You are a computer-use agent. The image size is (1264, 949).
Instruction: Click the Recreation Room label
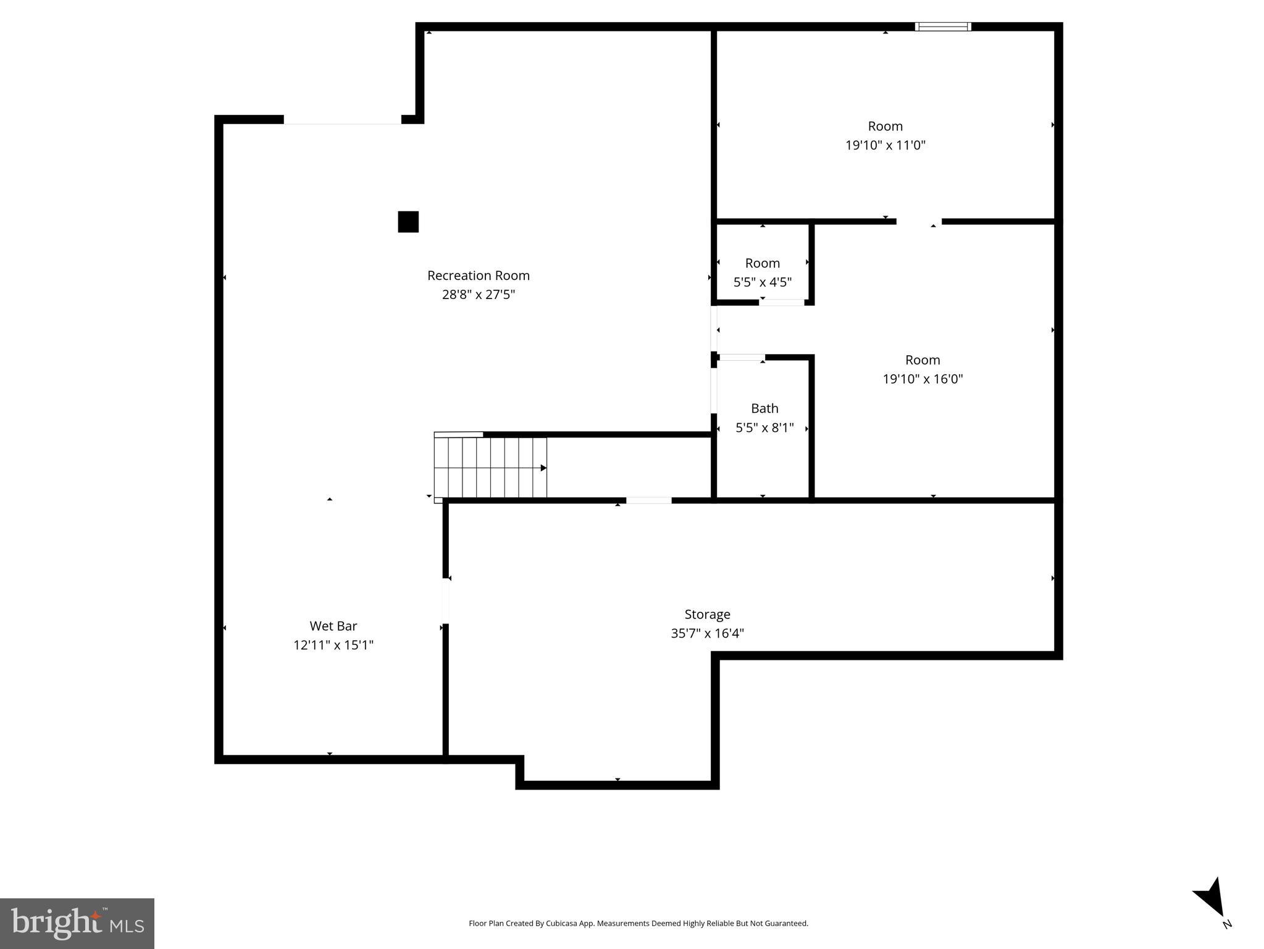(478, 276)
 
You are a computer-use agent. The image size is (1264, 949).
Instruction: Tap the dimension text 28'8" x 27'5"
(478, 295)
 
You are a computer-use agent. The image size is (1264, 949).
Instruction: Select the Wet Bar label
(333, 626)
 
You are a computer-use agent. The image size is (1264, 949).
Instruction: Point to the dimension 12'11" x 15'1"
(333, 645)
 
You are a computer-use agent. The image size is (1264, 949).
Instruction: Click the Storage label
(707, 614)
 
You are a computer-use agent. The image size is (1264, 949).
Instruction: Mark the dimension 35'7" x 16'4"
(707, 633)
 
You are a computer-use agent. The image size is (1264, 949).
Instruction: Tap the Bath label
(764, 408)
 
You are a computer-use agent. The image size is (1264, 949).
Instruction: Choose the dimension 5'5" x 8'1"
(764, 428)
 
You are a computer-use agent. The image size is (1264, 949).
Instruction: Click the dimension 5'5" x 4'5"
(762, 282)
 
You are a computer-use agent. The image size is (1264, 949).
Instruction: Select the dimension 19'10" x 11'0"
(885, 145)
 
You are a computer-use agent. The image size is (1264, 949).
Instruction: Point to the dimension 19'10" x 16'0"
(923, 379)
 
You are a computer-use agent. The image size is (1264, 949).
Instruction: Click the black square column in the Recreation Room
(408, 222)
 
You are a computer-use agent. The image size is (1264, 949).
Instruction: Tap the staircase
(490, 467)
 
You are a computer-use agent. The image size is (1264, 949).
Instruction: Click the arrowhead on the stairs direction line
(543, 468)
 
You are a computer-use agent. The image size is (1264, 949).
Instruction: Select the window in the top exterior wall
(942, 27)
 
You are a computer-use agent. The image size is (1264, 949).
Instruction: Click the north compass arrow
(1212, 899)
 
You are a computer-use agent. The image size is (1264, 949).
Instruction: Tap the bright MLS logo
(77, 923)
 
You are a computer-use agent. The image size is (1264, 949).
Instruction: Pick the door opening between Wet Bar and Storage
(445, 601)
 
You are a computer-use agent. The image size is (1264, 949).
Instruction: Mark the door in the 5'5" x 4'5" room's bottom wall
(782, 302)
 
